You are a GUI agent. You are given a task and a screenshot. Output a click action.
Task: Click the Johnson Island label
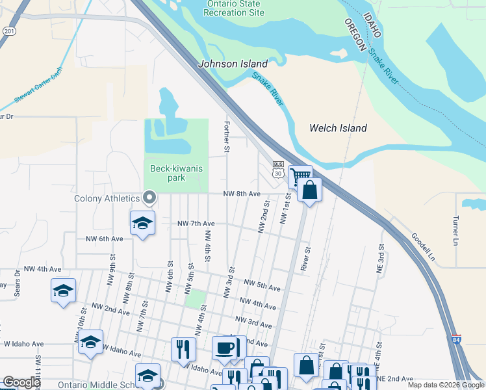pyautogui.click(x=233, y=64)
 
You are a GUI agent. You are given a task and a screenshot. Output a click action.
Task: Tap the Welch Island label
pyautogui.click(x=338, y=128)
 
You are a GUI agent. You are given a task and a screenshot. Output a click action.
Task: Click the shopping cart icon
pyautogui.click(x=300, y=175)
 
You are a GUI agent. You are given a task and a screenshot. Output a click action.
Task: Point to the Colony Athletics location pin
pyautogui.click(x=149, y=197)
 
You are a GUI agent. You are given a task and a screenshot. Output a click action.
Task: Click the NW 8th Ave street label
pyautogui.click(x=242, y=194)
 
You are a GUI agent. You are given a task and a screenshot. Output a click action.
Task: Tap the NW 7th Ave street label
pyautogui.click(x=196, y=224)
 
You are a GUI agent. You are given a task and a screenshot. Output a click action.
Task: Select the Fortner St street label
pyautogui.click(x=227, y=136)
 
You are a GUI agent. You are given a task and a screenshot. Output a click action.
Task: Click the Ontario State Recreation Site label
pyautogui.click(x=235, y=8)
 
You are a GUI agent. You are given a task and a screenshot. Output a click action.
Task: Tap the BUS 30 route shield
pyautogui.click(x=278, y=169)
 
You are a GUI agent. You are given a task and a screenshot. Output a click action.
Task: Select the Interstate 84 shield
pyautogui.click(x=456, y=339)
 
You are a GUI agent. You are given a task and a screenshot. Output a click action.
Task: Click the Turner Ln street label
pyautogui.click(x=455, y=226)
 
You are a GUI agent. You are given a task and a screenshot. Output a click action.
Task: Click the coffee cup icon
pyautogui.click(x=225, y=348)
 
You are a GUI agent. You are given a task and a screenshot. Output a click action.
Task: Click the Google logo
pyautogui.click(x=21, y=382)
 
